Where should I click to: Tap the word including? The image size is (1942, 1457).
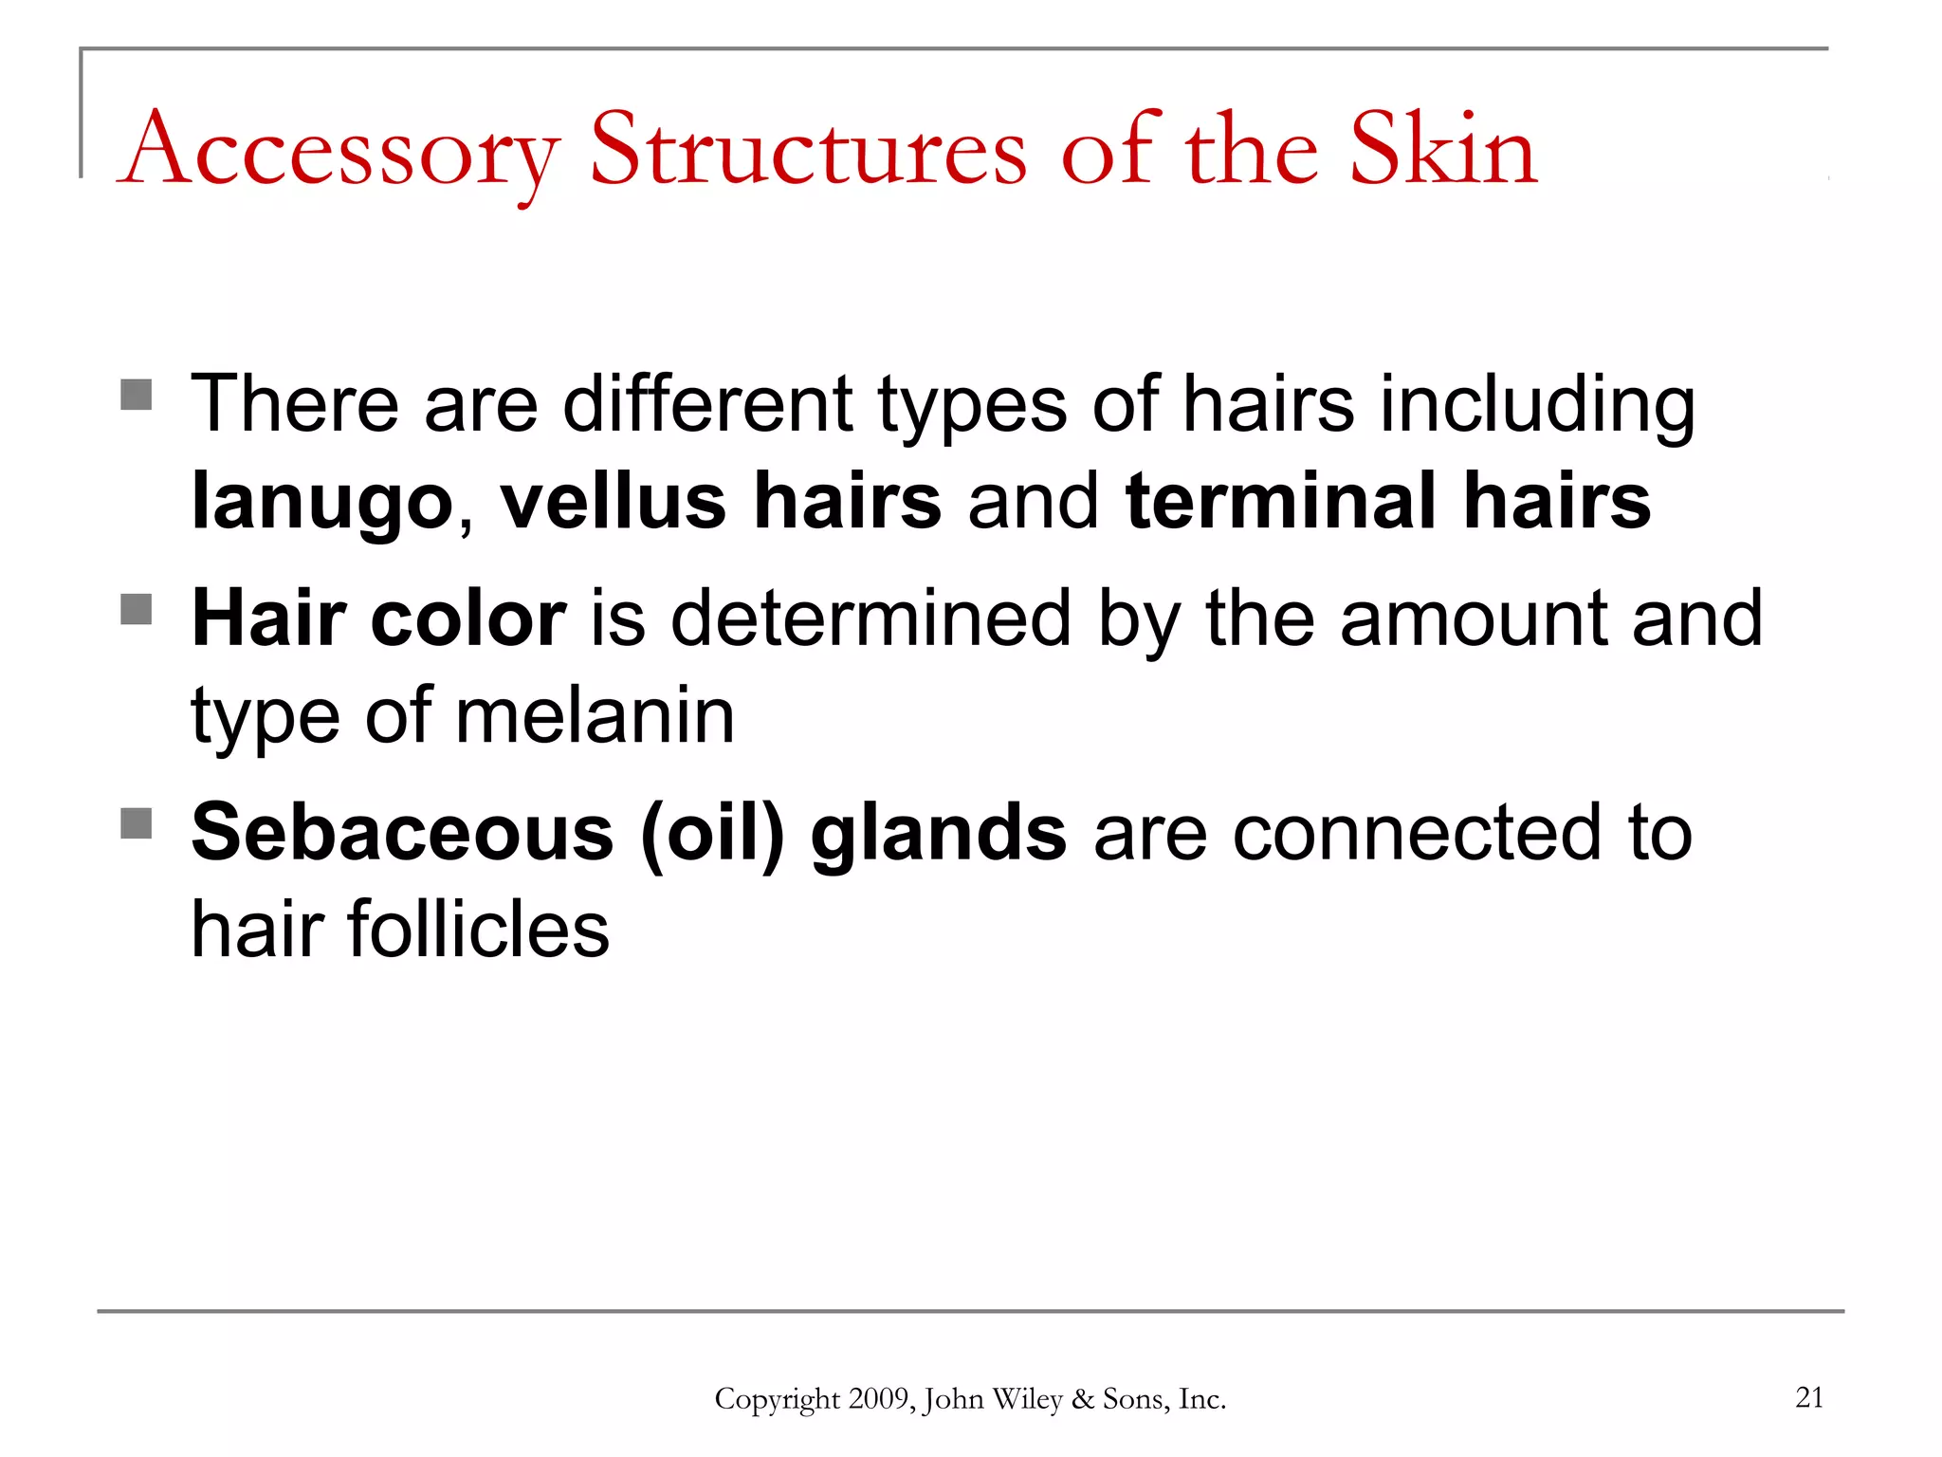click(x=1537, y=406)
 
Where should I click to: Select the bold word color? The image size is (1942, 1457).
click(x=469, y=618)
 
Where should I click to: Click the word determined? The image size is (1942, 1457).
click(x=870, y=618)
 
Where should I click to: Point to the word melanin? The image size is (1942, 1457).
click(x=595, y=715)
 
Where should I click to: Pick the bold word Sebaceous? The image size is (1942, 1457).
click(x=403, y=833)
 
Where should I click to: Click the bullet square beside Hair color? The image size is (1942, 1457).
click(x=137, y=609)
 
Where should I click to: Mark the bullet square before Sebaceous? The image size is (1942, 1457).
click(x=137, y=823)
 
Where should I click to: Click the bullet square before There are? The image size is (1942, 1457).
click(x=137, y=395)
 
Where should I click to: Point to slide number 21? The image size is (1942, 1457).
click(x=1809, y=1397)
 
